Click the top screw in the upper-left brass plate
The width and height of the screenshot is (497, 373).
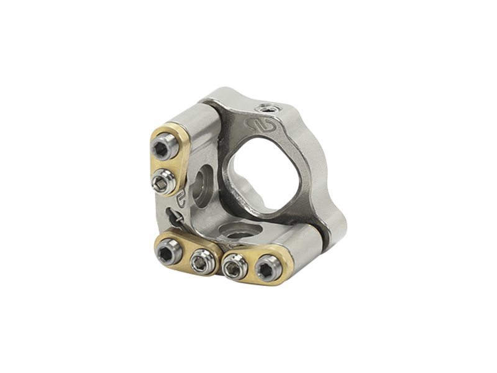point(163,149)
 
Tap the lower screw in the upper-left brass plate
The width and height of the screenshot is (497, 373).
point(162,181)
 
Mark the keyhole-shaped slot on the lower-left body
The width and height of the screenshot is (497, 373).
point(175,217)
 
